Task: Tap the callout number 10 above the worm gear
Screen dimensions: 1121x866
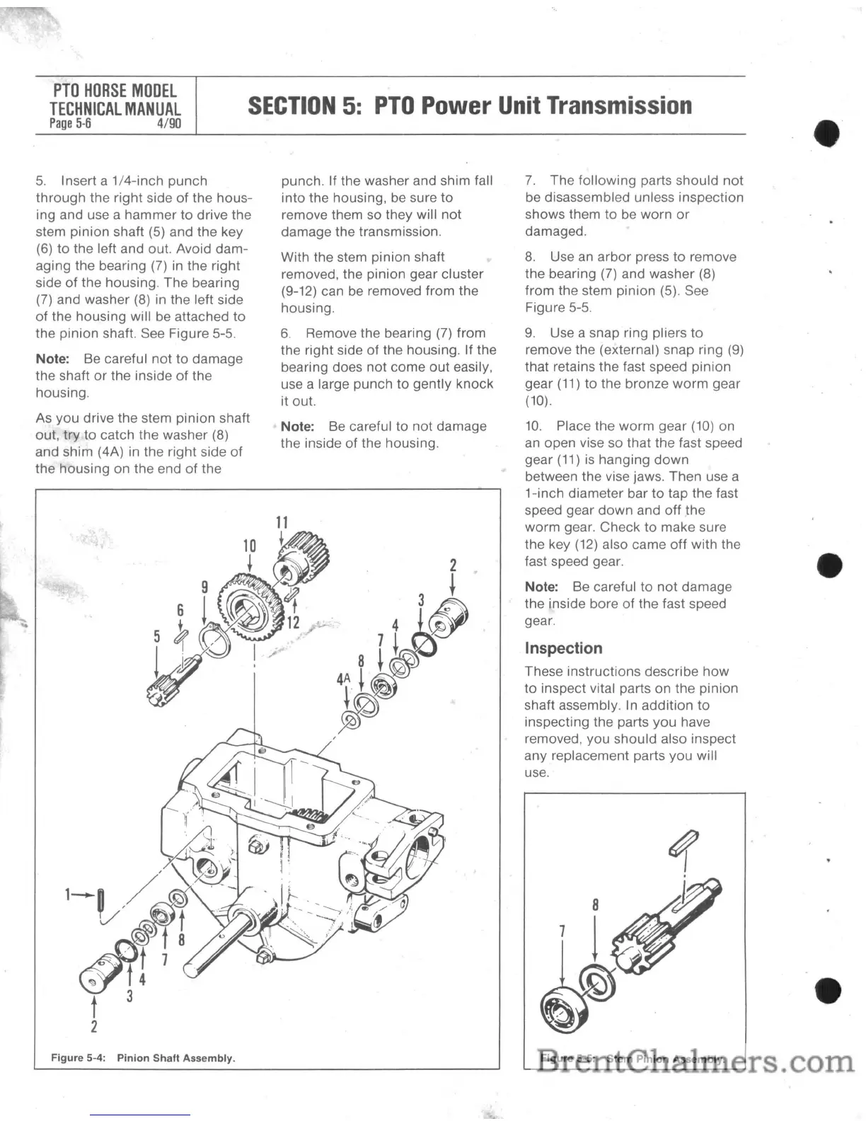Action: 250,546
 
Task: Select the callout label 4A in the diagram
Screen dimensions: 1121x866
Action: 344,679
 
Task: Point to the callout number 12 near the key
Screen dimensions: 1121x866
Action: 294,623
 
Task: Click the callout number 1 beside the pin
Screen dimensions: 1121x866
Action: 69,895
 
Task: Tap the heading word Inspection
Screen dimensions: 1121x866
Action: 564,648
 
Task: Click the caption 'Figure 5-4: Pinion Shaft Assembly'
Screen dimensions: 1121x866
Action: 143,1058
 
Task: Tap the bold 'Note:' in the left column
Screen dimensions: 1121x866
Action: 52,359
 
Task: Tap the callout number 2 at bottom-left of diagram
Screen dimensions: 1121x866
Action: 94,1025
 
